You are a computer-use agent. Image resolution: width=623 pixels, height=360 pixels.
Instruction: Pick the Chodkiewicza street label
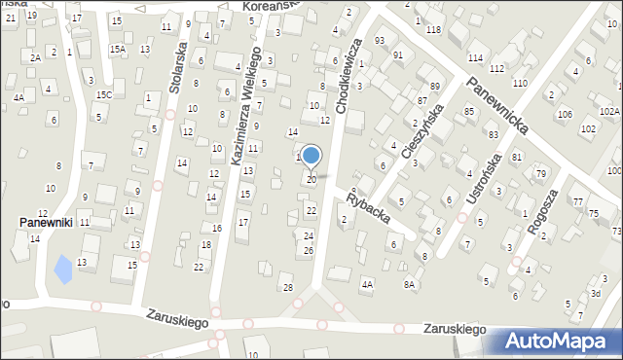pos(349,75)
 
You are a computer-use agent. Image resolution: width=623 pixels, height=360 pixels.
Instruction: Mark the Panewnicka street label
pos(495,100)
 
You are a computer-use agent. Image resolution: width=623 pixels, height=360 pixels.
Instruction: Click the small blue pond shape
pos(63,268)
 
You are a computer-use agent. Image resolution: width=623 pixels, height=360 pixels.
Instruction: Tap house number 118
pos(433,30)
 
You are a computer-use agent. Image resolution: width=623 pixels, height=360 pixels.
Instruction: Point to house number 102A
pos(609,112)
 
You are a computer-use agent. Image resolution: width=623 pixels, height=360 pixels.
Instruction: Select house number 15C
pos(104,94)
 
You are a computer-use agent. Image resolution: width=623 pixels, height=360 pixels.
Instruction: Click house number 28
pos(287,287)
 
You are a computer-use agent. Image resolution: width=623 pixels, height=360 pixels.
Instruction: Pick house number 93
pos(380,40)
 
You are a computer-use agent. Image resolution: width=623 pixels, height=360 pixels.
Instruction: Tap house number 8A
pos(410,284)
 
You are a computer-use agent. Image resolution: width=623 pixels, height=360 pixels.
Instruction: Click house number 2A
pos(35,57)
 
